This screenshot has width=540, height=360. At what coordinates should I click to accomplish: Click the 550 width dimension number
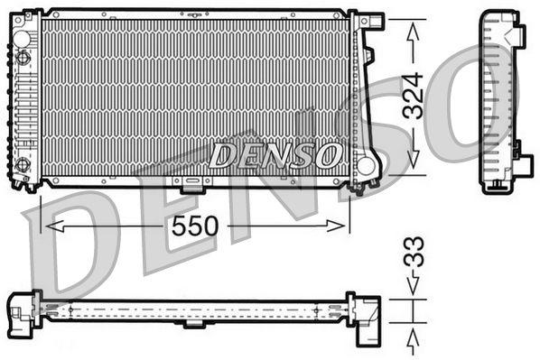(196, 226)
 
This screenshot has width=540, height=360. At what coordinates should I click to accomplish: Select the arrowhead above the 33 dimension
(413, 291)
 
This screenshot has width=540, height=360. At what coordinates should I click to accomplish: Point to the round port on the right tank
(366, 165)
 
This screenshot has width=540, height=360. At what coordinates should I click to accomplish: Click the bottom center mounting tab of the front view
(193, 185)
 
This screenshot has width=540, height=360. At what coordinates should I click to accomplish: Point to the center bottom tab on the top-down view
(193, 324)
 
